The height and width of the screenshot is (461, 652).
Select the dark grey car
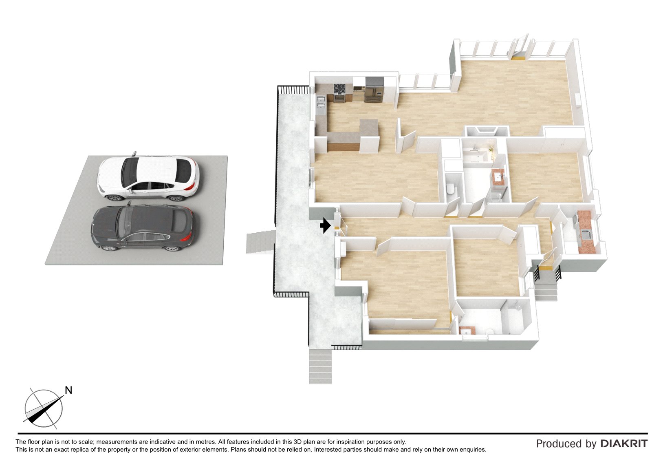point(142,228)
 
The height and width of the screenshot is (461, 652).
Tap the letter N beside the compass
point(68,390)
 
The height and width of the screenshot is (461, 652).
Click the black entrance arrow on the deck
point(325,225)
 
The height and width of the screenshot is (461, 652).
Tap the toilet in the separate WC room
point(450,189)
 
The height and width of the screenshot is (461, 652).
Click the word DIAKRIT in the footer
point(624,443)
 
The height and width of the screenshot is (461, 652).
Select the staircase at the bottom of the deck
point(320,366)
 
